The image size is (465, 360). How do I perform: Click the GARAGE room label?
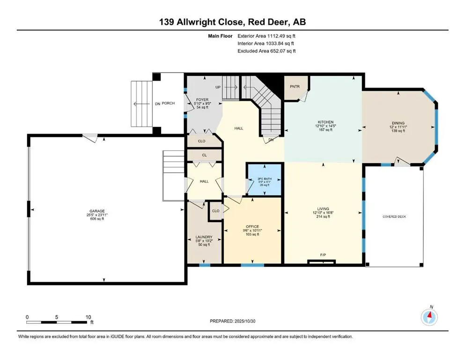click(x=98, y=211)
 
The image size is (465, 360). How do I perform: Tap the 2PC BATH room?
click(x=264, y=180)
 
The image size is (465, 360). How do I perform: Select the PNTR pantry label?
click(x=295, y=86)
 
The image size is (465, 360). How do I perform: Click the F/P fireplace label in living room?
click(x=323, y=255)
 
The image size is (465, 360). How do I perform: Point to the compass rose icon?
click(x=429, y=317)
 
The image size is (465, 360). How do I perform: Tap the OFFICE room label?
click(x=252, y=227)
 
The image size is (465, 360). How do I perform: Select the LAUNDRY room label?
click(x=204, y=237)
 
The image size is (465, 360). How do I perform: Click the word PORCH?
click(x=169, y=103)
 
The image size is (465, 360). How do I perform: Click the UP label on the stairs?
click(x=218, y=87)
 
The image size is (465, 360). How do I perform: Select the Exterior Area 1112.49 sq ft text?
click(x=266, y=35)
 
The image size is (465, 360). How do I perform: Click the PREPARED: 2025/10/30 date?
click(x=232, y=321)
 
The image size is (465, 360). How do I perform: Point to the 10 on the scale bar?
click(x=88, y=317)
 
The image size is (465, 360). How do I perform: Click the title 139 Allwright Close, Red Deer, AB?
click(x=232, y=22)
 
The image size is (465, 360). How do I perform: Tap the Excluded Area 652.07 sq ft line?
click(x=266, y=51)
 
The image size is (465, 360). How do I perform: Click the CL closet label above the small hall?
click(x=205, y=155)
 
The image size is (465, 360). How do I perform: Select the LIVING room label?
click(x=323, y=209)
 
